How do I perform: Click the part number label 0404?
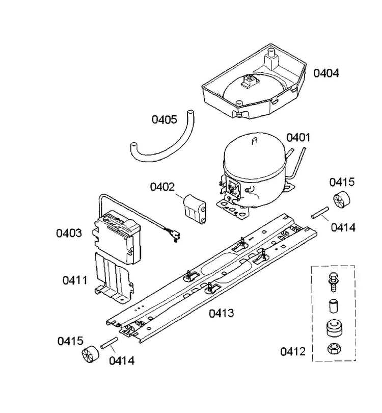click(x=326, y=73)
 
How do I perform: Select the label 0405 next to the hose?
click(x=165, y=119)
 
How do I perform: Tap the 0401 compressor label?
click(x=298, y=138)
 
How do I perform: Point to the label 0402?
click(x=162, y=187)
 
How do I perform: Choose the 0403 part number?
click(x=69, y=233)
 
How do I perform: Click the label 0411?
click(x=75, y=280)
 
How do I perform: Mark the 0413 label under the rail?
click(x=221, y=313)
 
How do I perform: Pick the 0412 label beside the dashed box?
click(x=292, y=352)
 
